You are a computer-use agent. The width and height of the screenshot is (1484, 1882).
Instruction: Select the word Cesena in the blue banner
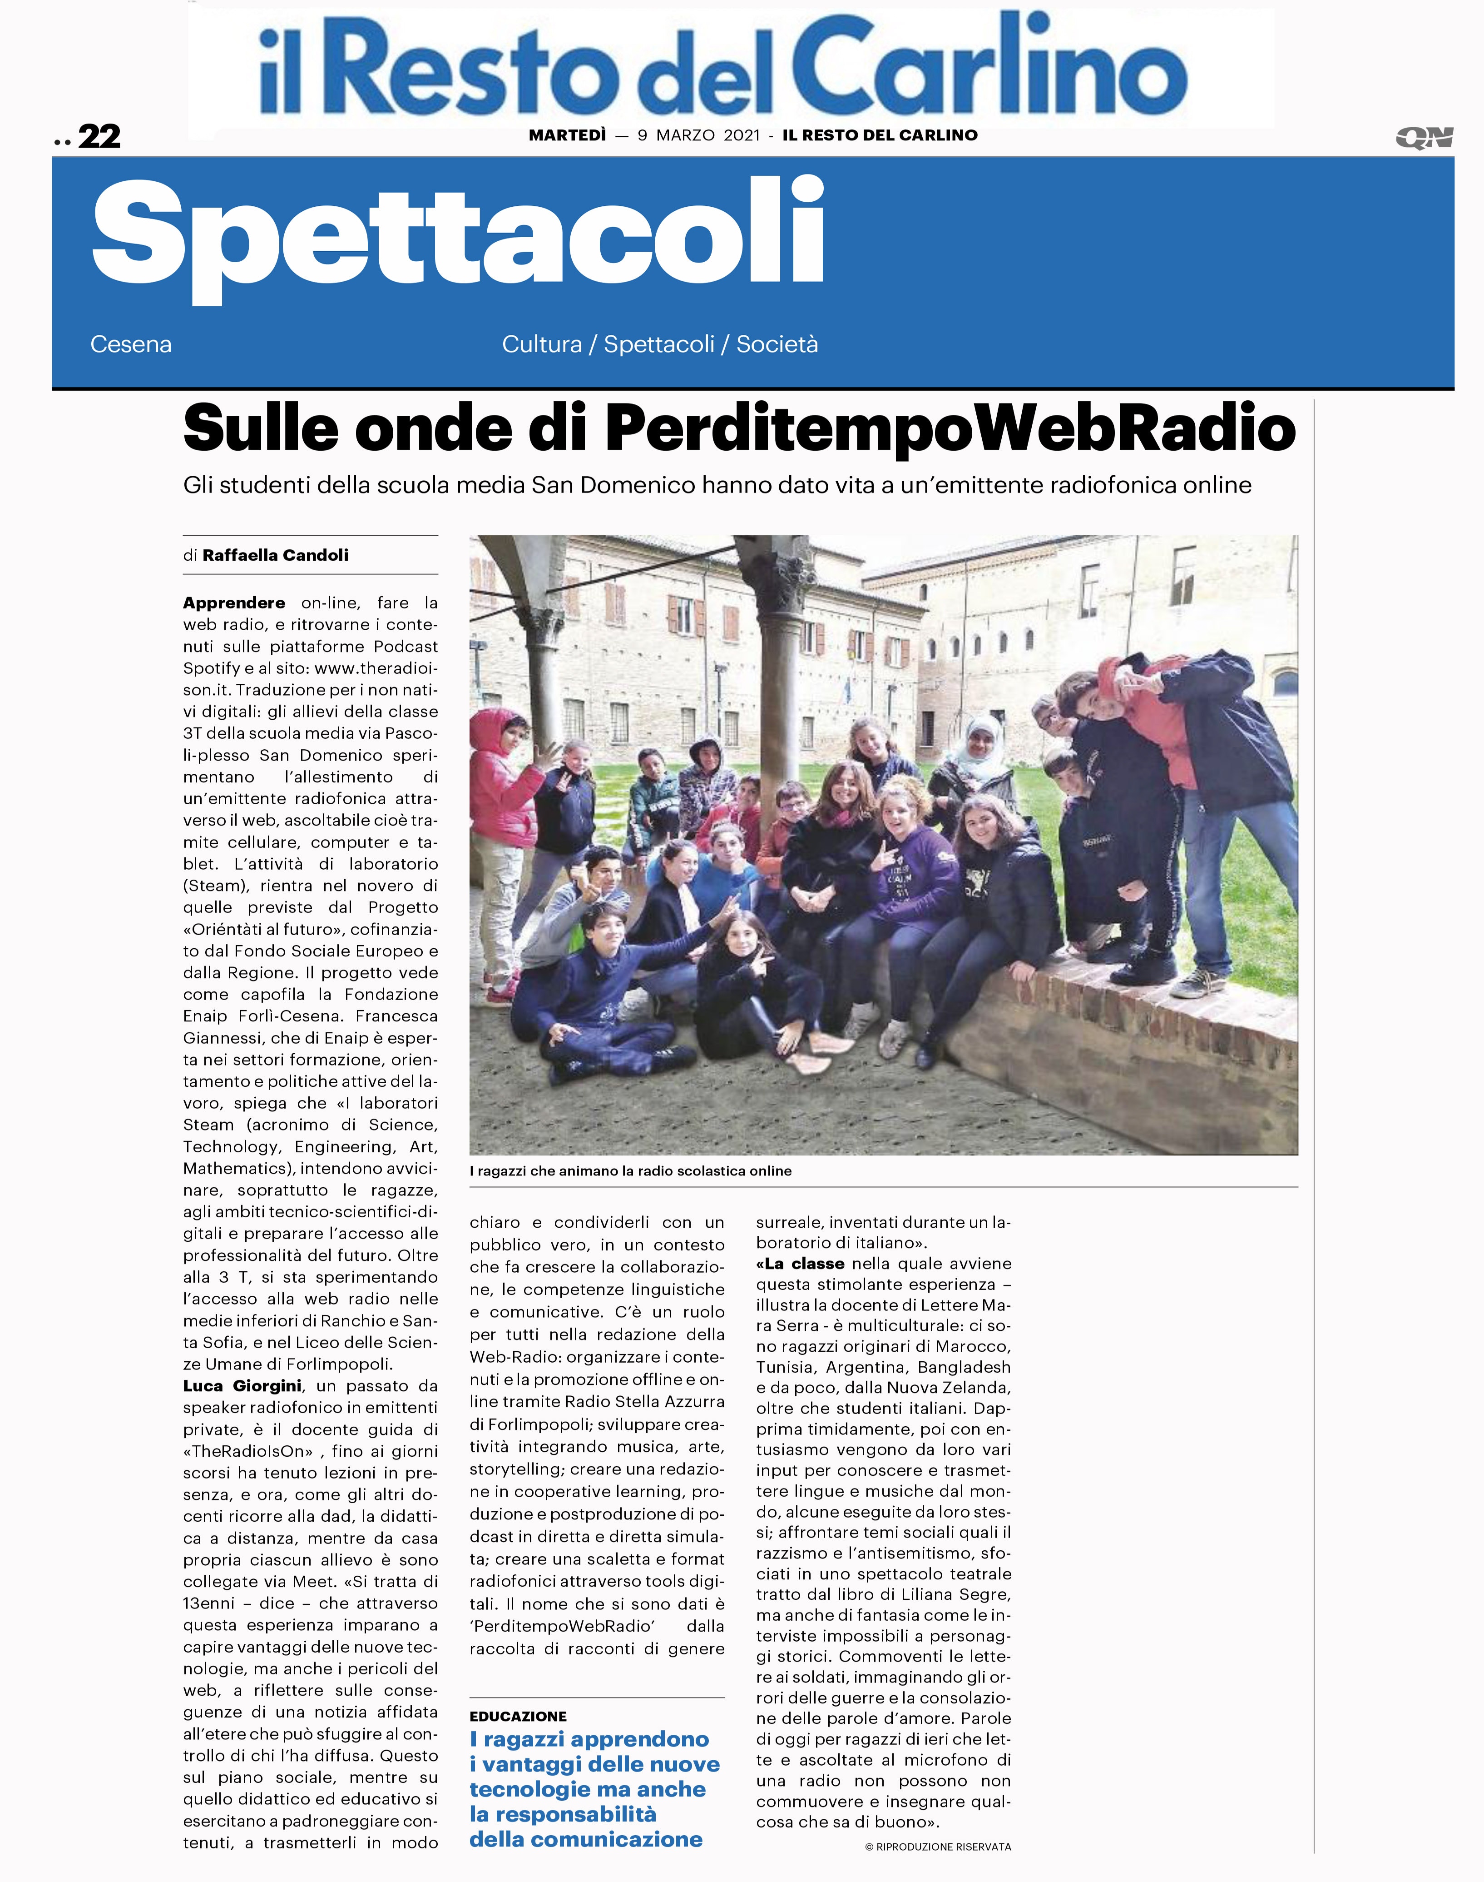pos(130,344)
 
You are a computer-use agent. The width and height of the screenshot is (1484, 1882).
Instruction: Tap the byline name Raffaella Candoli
pos(276,555)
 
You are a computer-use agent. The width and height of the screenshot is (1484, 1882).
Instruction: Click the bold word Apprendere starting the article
pos(234,602)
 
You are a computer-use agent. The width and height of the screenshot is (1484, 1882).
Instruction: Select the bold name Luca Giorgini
pos(242,1386)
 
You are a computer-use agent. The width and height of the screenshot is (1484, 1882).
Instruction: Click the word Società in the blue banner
pos(777,344)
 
